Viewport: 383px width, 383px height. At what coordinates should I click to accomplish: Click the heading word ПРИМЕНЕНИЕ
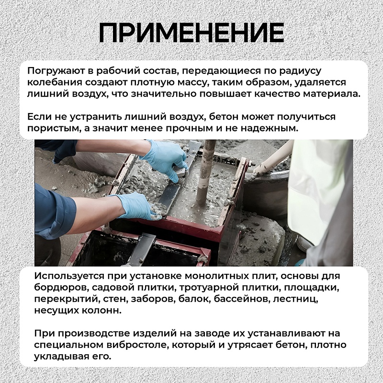tap(191, 32)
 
